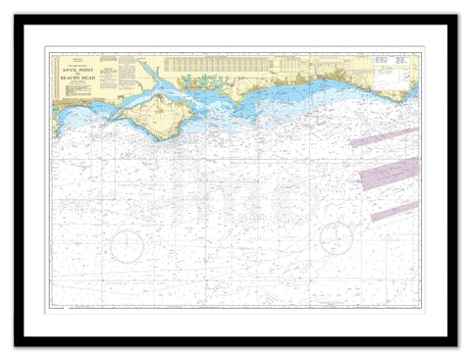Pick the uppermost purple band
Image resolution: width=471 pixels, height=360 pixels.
(x=385, y=137)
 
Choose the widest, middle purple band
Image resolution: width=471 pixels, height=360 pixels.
(x=390, y=174)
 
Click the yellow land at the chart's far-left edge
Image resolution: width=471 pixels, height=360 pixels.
(x=56, y=123)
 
